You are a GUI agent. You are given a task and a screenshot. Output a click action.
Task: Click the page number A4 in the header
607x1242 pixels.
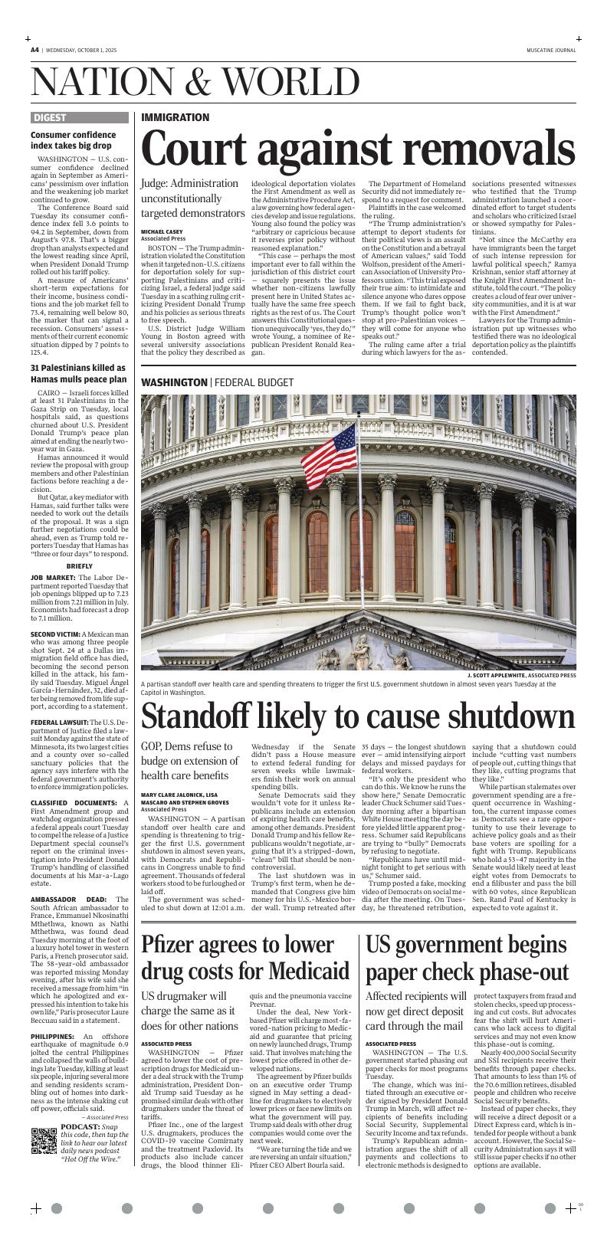34,50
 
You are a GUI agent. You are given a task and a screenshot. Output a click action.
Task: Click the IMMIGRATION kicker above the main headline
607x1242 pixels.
175,117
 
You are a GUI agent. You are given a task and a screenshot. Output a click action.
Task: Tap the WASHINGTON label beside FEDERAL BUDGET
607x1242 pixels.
174,382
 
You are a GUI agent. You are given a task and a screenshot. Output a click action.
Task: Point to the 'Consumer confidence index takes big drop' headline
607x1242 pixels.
71,139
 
